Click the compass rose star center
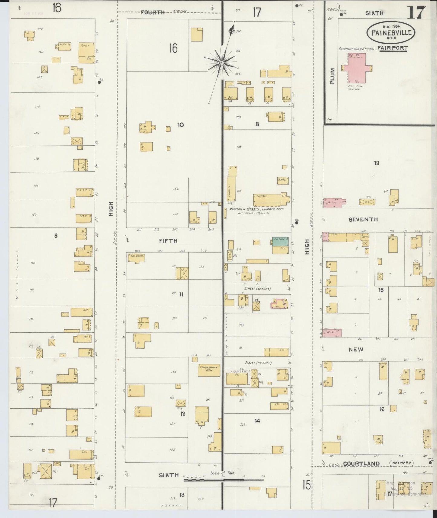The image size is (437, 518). tap(221, 63)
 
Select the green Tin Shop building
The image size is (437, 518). tap(280, 241)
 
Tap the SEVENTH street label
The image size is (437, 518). tap(363, 219)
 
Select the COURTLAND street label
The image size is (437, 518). tap(361, 463)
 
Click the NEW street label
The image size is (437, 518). tap(356, 349)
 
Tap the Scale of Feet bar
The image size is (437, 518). tap(223, 480)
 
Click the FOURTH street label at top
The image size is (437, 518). tap(153, 12)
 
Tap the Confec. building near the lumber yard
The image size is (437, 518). tap(282, 180)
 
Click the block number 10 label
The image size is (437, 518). tap(180, 125)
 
